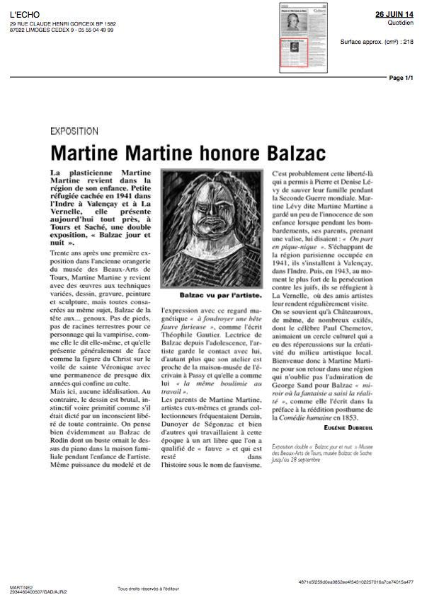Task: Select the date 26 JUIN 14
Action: tap(394, 14)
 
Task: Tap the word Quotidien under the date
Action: tap(401, 22)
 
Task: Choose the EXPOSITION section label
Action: tap(75, 131)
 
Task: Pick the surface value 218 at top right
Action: tap(407, 42)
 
